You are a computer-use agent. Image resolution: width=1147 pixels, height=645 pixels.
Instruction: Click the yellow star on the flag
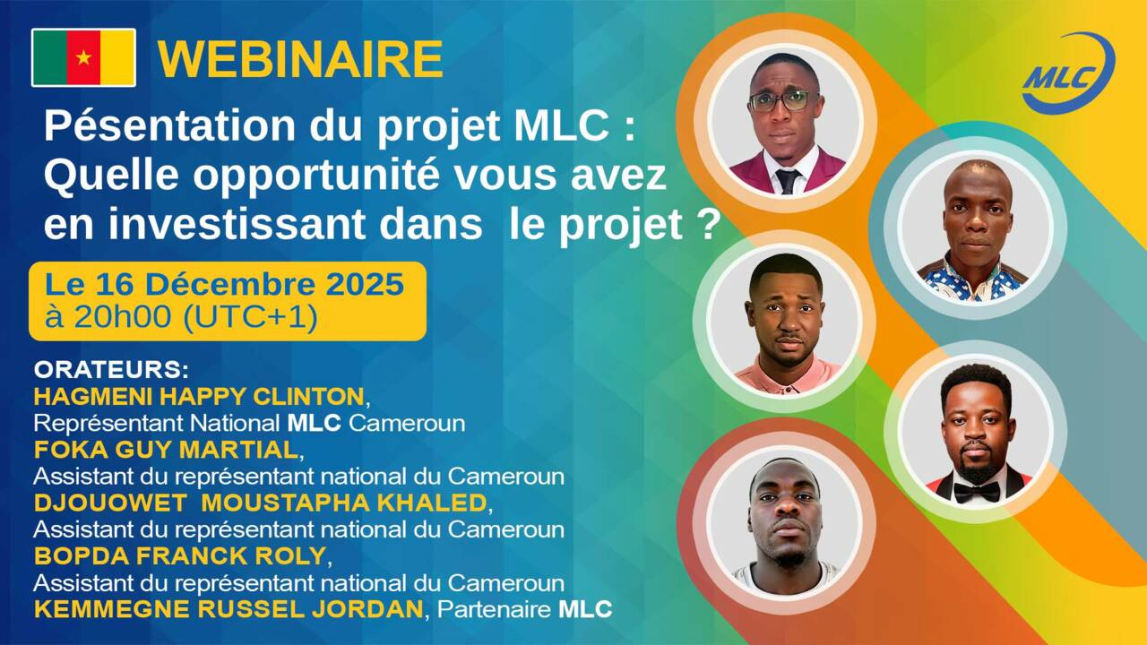pos(83,57)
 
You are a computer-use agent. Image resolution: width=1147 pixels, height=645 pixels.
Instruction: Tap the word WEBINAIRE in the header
pos(301,59)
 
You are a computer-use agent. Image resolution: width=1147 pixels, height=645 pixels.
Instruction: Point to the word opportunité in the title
pos(331,177)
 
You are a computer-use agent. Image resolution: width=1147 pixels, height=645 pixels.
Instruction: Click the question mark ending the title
pos(708,226)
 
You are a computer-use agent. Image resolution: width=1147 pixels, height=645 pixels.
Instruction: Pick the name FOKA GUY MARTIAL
pos(165,448)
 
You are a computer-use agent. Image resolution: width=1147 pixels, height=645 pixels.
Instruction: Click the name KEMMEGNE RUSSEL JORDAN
pos(228,610)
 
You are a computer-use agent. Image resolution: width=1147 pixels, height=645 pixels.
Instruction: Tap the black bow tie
pos(976,492)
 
